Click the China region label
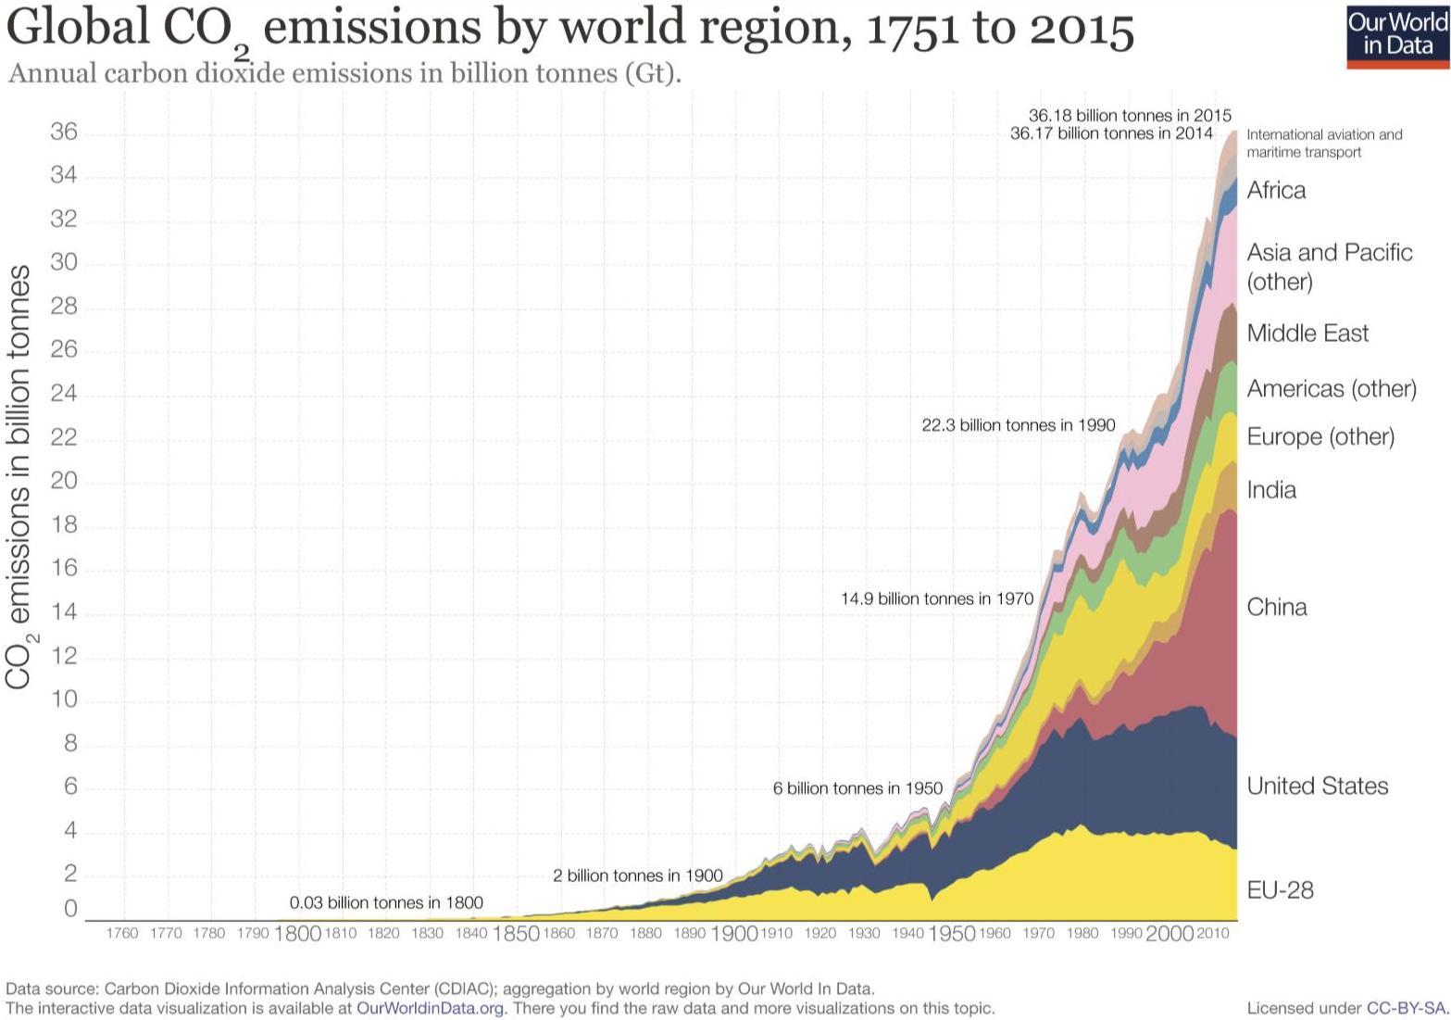click(1277, 608)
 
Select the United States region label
click(1317, 787)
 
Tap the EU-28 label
click(1280, 890)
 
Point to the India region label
click(1271, 490)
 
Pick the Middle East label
click(1307, 334)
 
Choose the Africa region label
click(1276, 191)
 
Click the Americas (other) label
click(1331, 389)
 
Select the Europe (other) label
click(1320, 437)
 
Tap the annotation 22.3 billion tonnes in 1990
click(1018, 425)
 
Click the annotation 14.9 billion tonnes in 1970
click(936, 599)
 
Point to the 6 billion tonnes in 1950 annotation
click(857, 788)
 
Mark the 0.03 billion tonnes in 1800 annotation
click(386, 902)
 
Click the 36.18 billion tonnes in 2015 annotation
click(1130, 116)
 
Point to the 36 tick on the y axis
click(64, 133)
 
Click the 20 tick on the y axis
click(64, 482)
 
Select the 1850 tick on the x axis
click(515, 934)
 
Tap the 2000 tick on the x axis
click(1170, 934)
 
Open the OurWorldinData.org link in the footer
click(431, 1008)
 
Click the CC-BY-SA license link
click(1406, 1008)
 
